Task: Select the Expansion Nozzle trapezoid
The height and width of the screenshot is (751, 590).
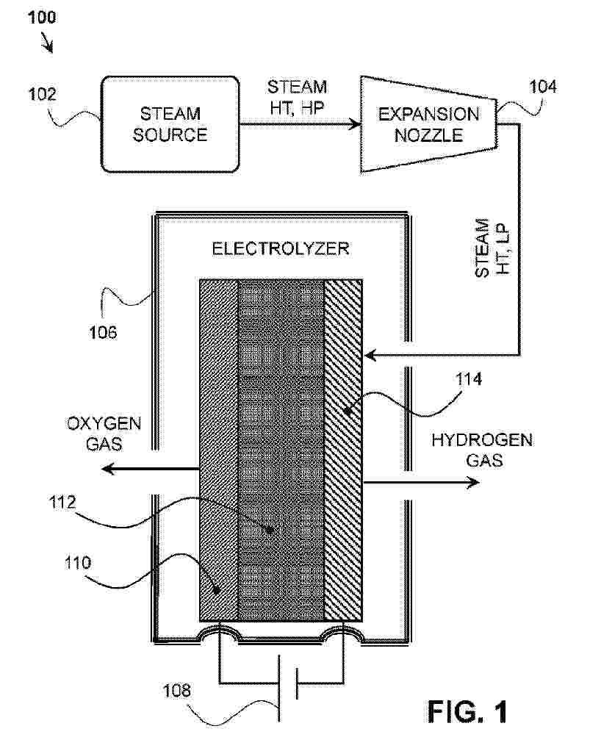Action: pyautogui.click(x=428, y=125)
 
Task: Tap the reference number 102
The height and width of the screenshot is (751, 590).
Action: pyautogui.click(x=43, y=95)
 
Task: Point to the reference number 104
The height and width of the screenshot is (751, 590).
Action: pyautogui.click(x=543, y=87)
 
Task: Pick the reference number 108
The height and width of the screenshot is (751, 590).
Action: pyautogui.click(x=176, y=690)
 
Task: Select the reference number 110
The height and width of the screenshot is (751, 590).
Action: pyautogui.click(x=76, y=564)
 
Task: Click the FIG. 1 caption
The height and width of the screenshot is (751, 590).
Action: pyautogui.click(x=467, y=711)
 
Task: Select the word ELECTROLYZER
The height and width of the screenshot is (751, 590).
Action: pyautogui.click(x=281, y=248)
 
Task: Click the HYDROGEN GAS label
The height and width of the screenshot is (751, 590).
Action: pyautogui.click(x=481, y=450)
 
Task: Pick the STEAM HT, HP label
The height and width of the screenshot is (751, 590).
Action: pyautogui.click(x=297, y=96)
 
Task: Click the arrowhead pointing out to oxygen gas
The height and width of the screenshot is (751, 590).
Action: pyautogui.click(x=108, y=468)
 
